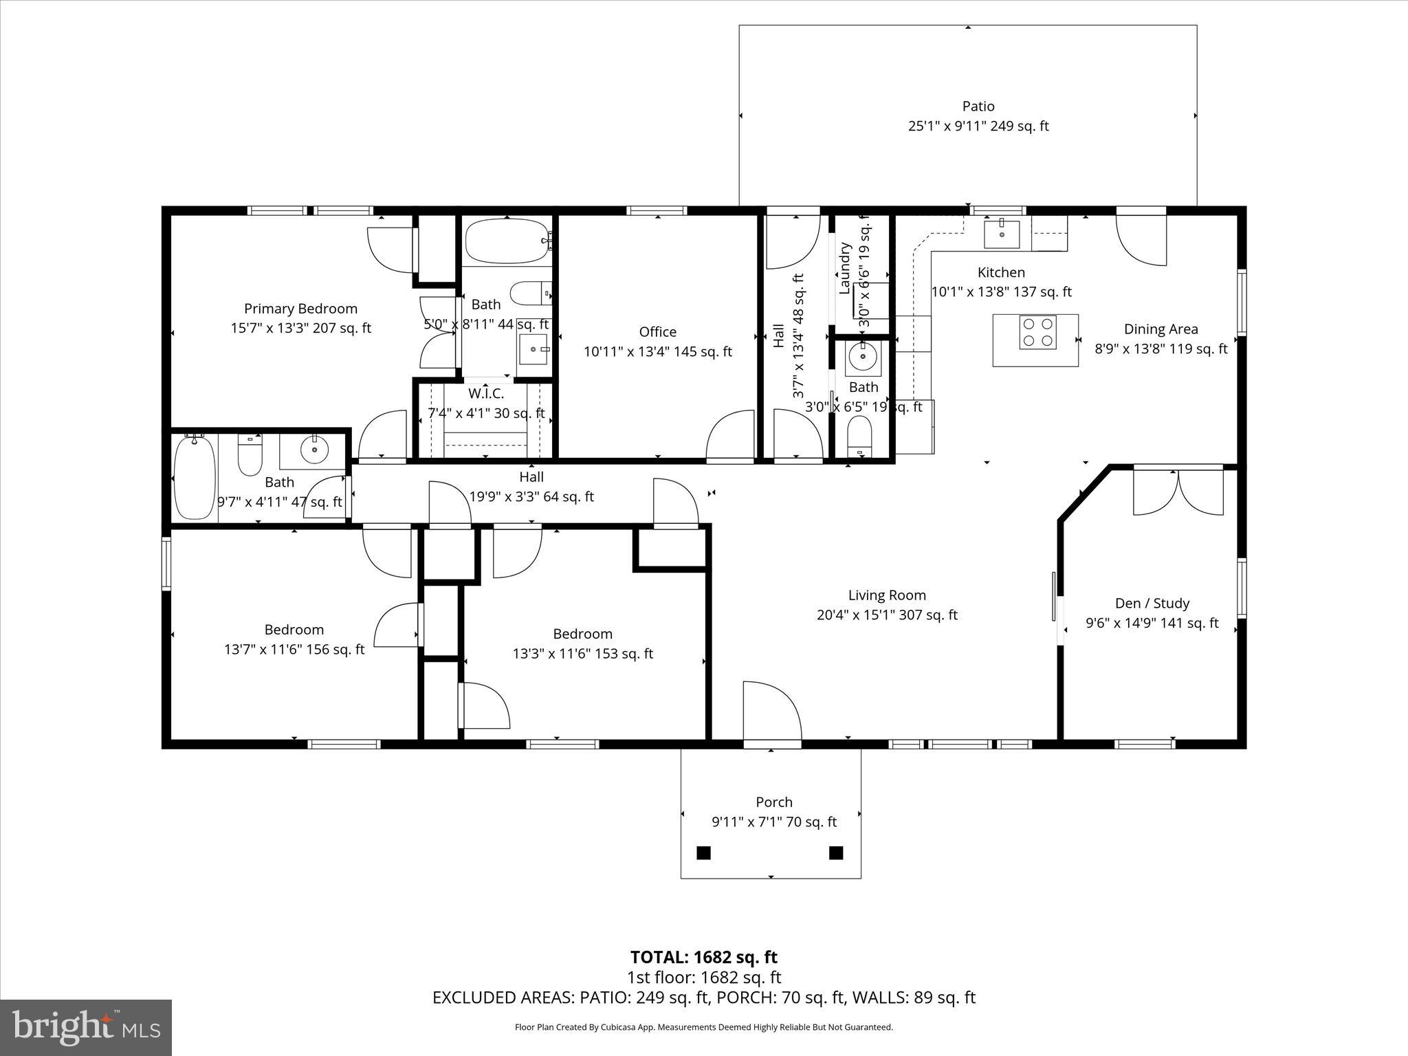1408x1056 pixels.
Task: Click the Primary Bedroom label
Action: [300, 309]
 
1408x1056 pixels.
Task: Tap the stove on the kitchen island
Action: [1037, 332]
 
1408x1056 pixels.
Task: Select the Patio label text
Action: [978, 107]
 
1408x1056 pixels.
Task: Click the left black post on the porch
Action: [703, 852]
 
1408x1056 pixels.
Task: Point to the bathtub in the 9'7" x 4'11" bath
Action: [195, 477]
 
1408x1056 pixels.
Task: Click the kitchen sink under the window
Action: [1002, 234]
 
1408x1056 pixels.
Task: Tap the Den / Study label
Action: [1152, 603]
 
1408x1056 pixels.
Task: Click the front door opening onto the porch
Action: [772, 715]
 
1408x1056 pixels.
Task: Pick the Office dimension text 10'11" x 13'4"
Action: [657, 352]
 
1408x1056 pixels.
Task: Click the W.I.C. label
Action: [486, 393]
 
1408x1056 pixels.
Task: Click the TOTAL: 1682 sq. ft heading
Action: [703, 957]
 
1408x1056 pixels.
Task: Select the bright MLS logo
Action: [86, 1028]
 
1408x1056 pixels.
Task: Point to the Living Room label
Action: [886, 595]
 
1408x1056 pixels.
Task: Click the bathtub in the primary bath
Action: [507, 241]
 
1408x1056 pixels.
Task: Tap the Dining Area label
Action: [1160, 329]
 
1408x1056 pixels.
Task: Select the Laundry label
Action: [845, 269]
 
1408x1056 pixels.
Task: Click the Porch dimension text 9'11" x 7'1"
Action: [773, 822]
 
